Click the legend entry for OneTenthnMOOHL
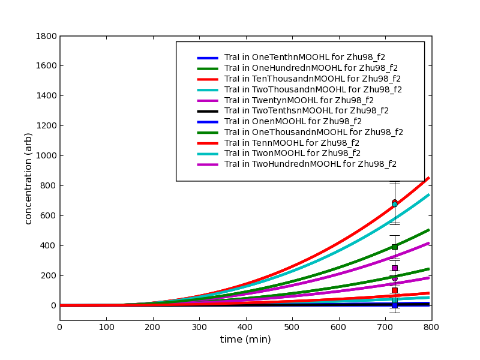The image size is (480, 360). pos(305,58)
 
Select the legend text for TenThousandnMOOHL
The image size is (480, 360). pos(312,79)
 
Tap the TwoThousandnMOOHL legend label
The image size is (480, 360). pos(313,89)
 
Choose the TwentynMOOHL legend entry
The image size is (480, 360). pos(299,100)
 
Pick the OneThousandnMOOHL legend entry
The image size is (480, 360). pos(313,132)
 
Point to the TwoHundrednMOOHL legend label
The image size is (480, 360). pos(310,164)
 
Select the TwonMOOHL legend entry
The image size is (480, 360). pos(292,153)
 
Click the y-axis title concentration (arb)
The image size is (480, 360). pos(28,178)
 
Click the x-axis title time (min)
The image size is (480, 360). pos(245,340)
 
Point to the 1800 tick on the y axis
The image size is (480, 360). pos(46,36)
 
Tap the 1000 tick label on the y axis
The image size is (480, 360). pos(46,155)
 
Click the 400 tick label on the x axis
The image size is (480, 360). pos(245,327)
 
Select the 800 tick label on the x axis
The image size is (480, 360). pos(431,327)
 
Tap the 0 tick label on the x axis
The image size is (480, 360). pos(59,327)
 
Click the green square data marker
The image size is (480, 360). pos(394,247)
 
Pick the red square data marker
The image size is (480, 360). pos(394,290)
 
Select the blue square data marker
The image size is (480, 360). pos(394,305)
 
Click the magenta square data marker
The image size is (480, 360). pos(394,268)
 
